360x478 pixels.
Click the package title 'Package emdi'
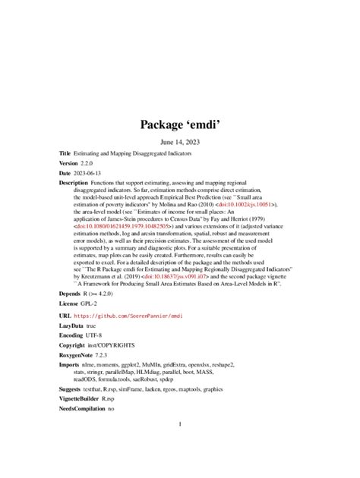point(179,124)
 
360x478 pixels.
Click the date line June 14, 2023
point(179,142)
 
